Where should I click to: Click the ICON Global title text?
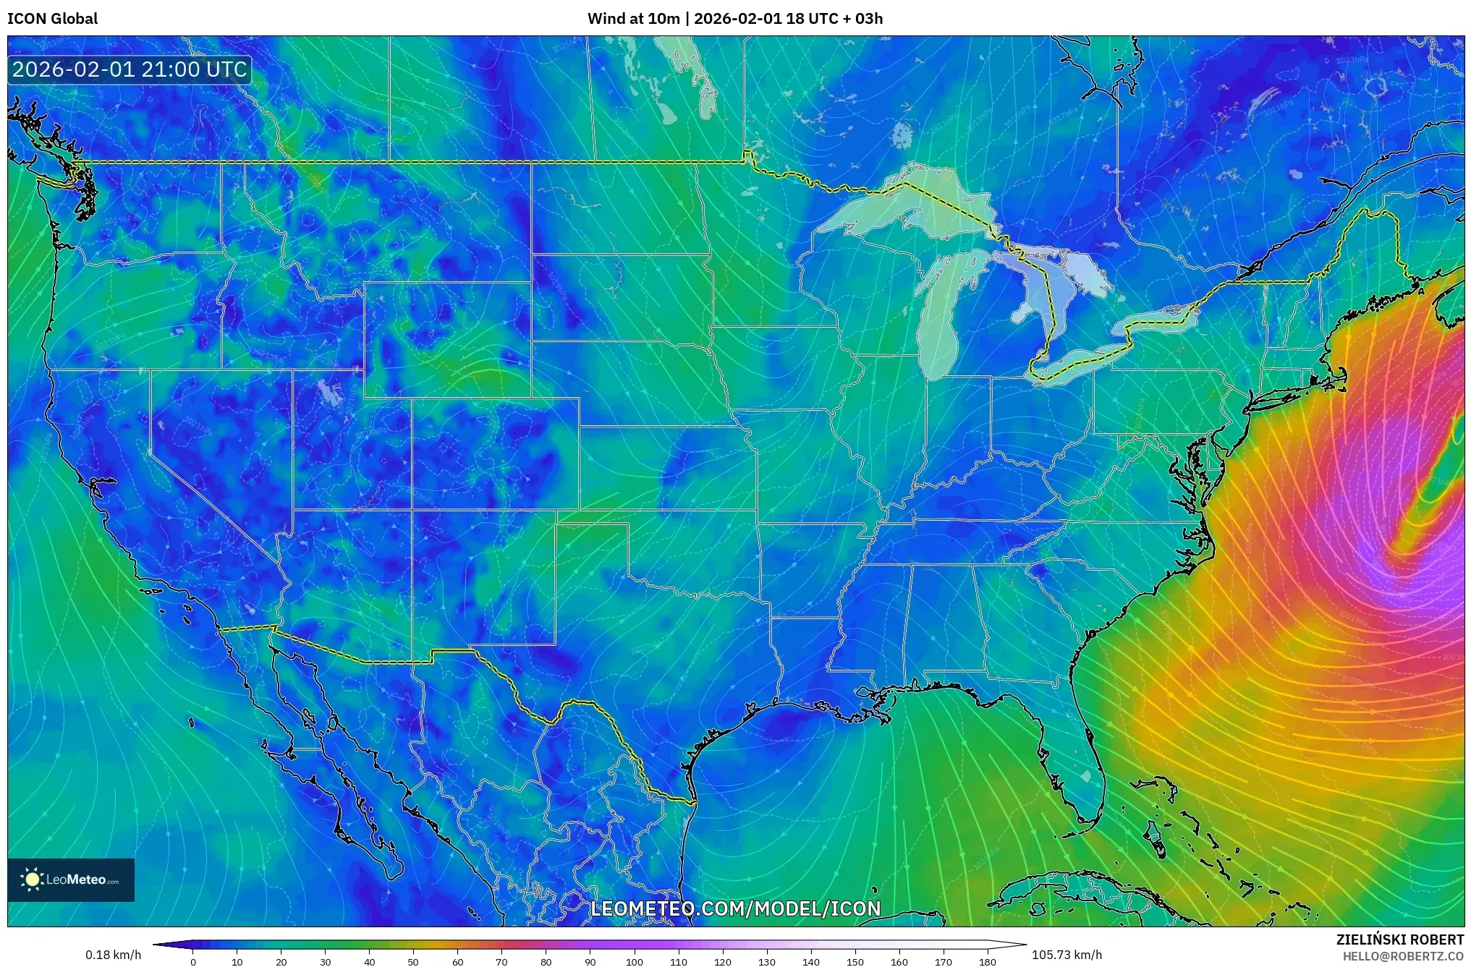coord(52,19)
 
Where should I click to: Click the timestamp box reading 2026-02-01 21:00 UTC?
coord(130,69)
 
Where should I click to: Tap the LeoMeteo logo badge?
coord(71,879)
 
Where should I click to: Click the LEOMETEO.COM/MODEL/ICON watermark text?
coord(735,908)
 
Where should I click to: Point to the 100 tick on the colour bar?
coord(634,962)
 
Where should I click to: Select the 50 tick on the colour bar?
coord(413,962)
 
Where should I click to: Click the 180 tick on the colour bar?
coord(987,962)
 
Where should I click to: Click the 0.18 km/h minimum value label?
coord(113,955)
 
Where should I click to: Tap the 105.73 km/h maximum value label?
coord(1067,955)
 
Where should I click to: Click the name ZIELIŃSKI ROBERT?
coord(1399,940)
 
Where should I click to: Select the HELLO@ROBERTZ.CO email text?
coord(1402,956)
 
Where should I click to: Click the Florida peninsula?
coord(1078,767)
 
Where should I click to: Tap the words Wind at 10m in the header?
coord(633,19)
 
